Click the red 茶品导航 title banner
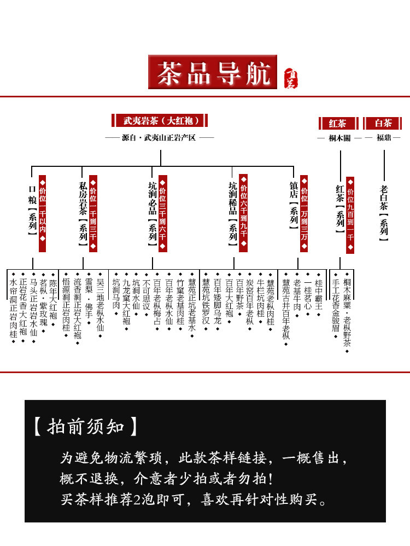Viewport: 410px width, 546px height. click(x=212, y=72)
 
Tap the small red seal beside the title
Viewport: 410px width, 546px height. click(x=291, y=78)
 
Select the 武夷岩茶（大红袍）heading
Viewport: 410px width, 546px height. click(x=160, y=120)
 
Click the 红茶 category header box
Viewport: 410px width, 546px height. click(x=338, y=123)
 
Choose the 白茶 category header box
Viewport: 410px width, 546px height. click(x=382, y=123)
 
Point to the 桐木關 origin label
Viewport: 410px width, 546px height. click(x=339, y=138)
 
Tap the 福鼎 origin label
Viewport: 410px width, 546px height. click(x=383, y=138)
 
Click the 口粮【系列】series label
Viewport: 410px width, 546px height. click(x=32, y=210)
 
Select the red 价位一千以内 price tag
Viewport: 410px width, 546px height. click(x=43, y=213)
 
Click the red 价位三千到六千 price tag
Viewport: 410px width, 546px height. click(x=162, y=213)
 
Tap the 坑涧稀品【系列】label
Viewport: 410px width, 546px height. click(x=232, y=213)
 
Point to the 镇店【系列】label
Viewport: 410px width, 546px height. click(x=294, y=205)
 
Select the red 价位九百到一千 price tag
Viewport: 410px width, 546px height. click(x=350, y=215)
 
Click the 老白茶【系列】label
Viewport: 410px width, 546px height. click(x=383, y=212)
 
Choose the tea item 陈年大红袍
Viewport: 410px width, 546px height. click(x=53, y=299)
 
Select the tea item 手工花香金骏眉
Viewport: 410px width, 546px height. click(x=336, y=306)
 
